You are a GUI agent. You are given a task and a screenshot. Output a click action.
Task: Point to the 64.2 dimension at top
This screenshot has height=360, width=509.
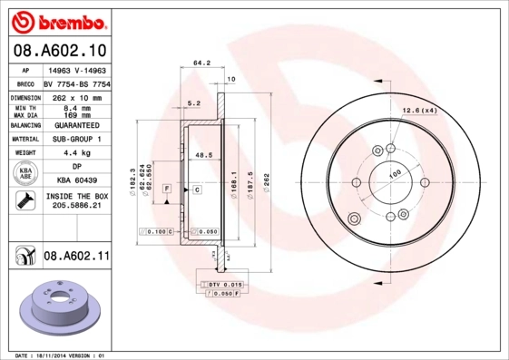point(201,63)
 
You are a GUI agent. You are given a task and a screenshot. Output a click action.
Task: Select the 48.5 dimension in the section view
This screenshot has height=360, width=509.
point(204,156)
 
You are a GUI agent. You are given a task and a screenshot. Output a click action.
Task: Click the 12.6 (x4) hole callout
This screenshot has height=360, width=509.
point(419,112)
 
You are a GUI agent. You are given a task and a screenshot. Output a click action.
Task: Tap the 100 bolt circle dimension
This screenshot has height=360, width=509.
point(395,173)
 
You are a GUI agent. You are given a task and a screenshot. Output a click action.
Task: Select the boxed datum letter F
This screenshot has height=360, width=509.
point(167,188)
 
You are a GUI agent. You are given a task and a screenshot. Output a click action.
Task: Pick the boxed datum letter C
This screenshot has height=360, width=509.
point(196,189)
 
